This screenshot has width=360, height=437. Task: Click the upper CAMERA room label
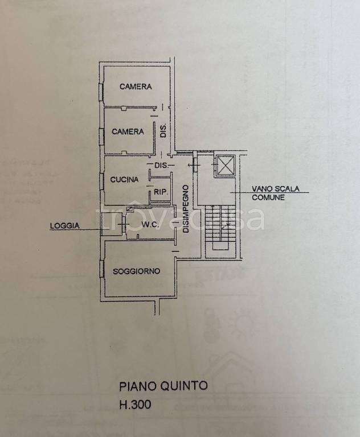(x=136, y=86)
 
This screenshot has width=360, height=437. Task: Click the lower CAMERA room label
(x=128, y=131)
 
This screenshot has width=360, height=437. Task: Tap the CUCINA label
(x=124, y=179)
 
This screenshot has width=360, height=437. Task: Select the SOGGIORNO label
(x=137, y=271)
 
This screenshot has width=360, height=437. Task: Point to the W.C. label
(x=150, y=224)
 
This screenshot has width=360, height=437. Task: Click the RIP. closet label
(x=161, y=192)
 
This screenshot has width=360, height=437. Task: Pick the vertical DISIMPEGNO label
(x=186, y=209)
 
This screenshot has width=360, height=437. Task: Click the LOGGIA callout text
(x=64, y=225)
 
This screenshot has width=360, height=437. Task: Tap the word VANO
(x=262, y=189)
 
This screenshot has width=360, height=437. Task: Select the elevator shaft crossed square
(x=225, y=166)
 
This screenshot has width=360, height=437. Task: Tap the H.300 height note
(x=136, y=405)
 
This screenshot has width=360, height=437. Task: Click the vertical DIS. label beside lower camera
(x=163, y=131)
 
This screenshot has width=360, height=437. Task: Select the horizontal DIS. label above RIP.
(x=162, y=166)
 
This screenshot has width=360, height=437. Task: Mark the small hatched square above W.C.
(x=130, y=208)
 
